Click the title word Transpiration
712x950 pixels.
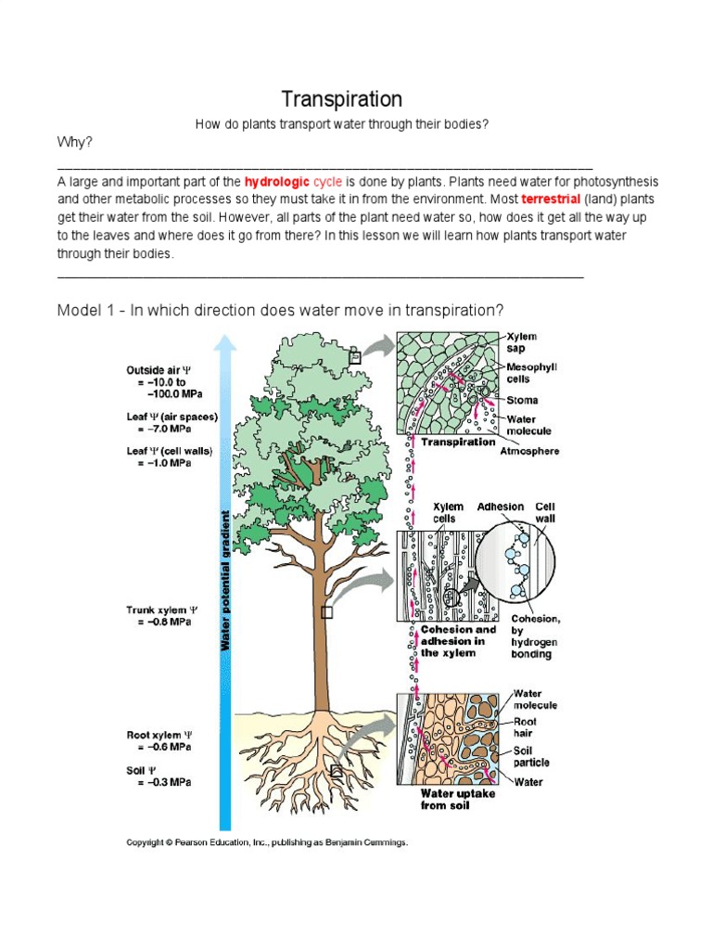click(341, 99)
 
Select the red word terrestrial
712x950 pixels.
click(551, 199)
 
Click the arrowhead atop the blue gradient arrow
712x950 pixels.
click(224, 344)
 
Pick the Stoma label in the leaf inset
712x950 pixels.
click(522, 401)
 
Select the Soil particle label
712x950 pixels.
click(531, 756)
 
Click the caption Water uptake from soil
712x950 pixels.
click(458, 800)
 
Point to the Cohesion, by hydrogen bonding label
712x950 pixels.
click(535, 635)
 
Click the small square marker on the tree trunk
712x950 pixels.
click(326, 612)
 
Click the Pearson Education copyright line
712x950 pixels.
click(267, 843)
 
